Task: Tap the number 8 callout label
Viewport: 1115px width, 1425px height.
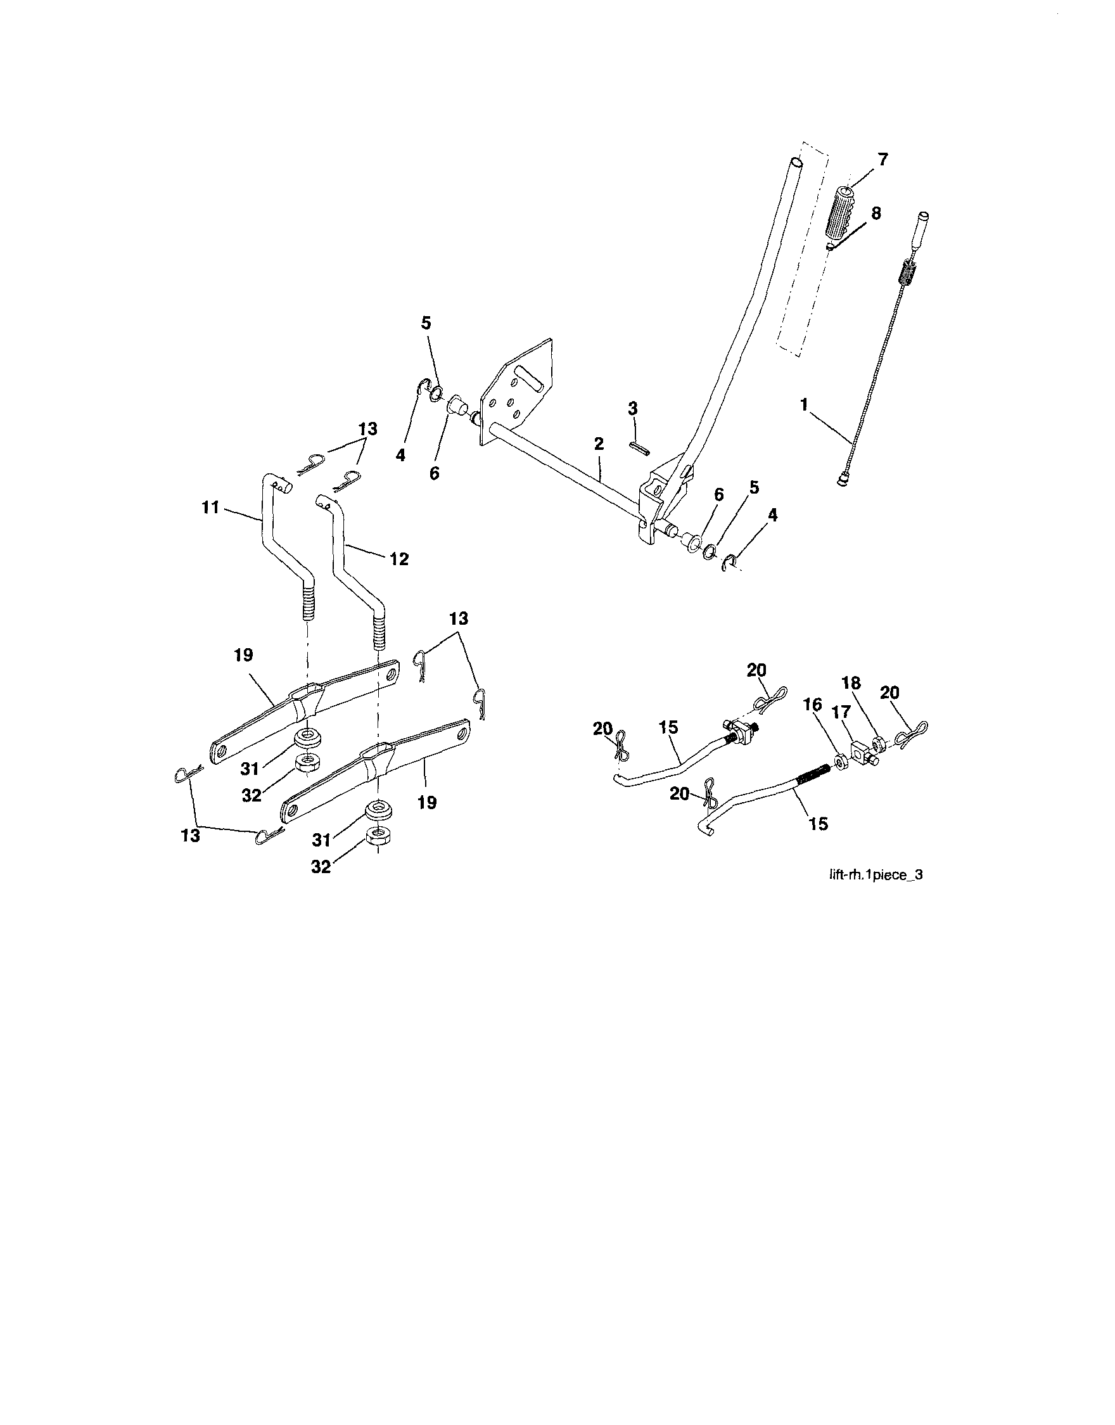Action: (875, 214)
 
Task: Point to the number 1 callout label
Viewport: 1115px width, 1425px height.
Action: (805, 405)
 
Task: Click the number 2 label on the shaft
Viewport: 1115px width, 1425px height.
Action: (599, 445)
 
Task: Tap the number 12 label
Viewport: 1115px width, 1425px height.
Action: (400, 559)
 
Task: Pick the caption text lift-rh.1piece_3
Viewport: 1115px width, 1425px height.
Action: (875, 876)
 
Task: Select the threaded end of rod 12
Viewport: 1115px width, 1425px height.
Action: (379, 632)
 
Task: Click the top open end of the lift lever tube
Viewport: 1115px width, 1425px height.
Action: (795, 163)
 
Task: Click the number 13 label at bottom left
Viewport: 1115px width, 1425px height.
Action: (191, 836)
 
